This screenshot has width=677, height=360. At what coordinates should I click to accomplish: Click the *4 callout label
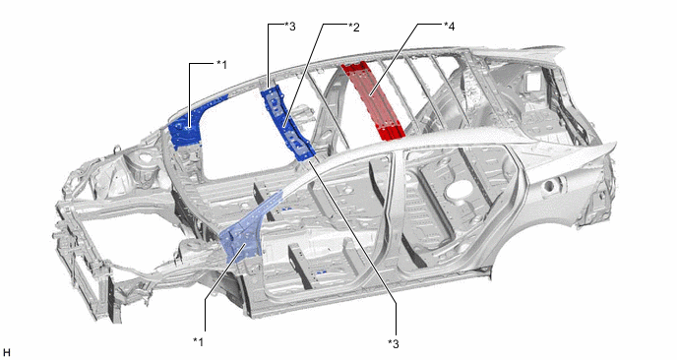click(449, 27)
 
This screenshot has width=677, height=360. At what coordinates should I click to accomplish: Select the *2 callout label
click(354, 28)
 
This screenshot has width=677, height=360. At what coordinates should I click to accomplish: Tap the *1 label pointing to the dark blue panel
click(221, 65)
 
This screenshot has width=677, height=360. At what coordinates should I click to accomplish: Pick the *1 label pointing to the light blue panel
click(198, 341)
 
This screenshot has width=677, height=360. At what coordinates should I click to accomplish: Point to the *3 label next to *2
click(290, 27)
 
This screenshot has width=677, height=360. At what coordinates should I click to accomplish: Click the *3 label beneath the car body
click(394, 343)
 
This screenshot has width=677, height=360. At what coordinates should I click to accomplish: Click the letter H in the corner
click(6, 353)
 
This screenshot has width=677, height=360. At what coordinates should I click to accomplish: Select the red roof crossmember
click(373, 101)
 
